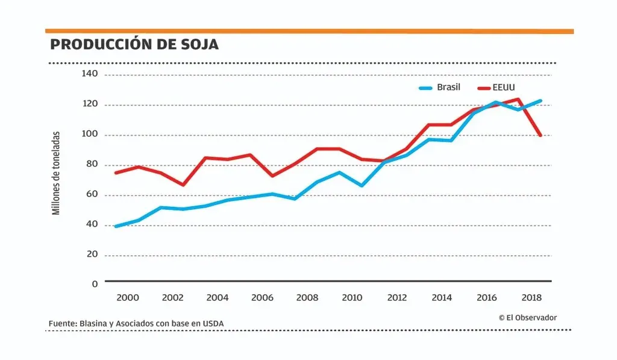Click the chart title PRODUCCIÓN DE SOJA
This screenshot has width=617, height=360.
134,45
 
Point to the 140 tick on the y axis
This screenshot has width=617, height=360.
90,74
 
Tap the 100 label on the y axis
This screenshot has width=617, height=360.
90,134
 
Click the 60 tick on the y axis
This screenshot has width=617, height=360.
92,195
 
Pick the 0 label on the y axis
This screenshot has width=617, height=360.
95,283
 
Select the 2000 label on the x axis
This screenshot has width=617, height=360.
128,297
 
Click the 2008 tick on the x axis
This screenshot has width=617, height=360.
307,297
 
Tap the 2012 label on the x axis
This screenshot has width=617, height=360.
397,297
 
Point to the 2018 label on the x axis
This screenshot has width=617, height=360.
531,297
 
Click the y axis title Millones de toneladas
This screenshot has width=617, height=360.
57,173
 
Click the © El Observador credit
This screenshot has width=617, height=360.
528,317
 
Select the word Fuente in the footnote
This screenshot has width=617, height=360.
62,324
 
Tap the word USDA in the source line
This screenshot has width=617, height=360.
213,324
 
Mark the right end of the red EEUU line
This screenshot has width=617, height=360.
540,135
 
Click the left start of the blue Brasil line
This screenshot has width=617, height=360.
116,226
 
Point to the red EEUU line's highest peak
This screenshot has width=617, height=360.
518,99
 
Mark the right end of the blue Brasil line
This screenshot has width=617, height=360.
540,101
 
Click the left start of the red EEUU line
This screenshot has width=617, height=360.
116,172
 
